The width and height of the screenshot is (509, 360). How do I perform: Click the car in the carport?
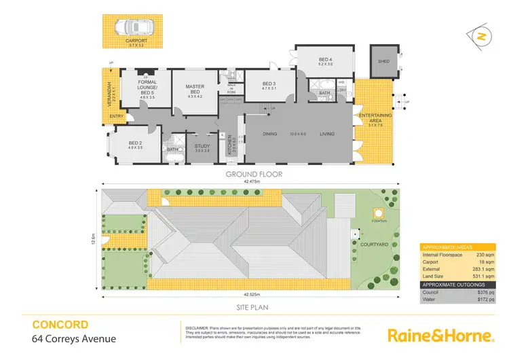point(135,27)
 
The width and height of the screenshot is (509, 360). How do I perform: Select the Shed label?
point(384,61)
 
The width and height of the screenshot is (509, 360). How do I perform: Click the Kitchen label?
point(230,143)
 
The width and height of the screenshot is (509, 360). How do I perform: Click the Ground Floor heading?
point(254,174)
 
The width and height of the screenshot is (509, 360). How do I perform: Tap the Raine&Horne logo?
point(440,335)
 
